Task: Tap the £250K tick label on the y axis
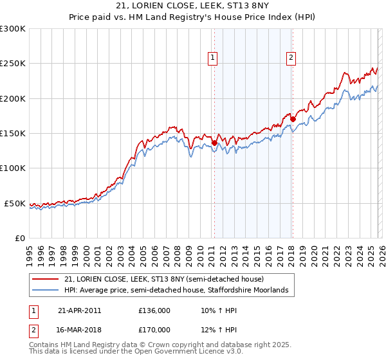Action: (x=13, y=64)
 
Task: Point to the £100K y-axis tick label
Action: (x=13, y=168)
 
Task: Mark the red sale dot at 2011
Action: (x=214, y=143)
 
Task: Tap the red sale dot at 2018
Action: (x=293, y=119)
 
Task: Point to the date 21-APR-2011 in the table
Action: (x=80, y=310)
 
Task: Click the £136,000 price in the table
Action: (x=154, y=310)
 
